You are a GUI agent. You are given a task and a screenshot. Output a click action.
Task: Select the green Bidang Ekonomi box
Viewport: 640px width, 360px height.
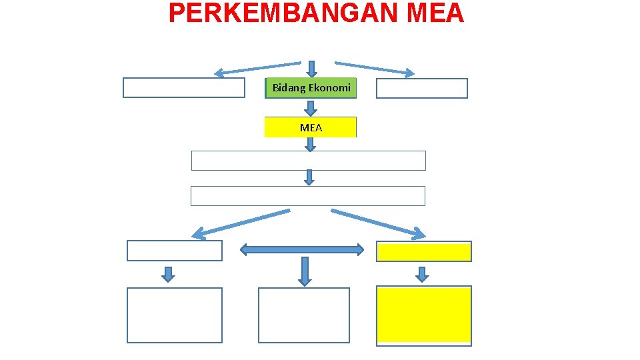[x=311, y=88]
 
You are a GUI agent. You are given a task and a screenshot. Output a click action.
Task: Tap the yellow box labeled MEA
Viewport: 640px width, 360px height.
[x=311, y=127]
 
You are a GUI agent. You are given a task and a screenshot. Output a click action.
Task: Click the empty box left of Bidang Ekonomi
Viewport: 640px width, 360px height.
[x=184, y=88]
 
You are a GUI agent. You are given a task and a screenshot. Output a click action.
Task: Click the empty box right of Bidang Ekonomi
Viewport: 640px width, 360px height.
[x=421, y=88]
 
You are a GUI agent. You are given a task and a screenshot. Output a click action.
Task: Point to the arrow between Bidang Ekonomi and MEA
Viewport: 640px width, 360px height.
[x=311, y=108]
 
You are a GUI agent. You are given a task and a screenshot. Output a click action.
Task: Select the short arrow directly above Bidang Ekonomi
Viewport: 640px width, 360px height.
[x=311, y=69]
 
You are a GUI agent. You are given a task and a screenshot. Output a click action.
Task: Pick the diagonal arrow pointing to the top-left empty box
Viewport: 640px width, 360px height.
[x=257, y=68]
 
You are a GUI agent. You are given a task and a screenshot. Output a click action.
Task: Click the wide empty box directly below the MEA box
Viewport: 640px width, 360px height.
[x=308, y=161]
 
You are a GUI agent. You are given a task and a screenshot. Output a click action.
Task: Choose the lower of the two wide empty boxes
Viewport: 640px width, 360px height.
[x=308, y=196]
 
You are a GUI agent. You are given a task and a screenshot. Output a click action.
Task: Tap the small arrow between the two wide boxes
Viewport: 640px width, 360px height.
[x=309, y=177]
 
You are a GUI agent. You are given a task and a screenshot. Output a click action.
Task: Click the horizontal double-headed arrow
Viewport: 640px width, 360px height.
[x=302, y=250]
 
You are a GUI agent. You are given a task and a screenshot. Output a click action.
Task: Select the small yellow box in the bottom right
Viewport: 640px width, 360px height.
[x=424, y=251]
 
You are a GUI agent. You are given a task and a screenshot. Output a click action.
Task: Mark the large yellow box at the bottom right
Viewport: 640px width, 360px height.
[x=424, y=315]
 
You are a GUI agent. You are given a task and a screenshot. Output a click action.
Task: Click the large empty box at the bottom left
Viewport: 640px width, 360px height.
[x=175, y=315]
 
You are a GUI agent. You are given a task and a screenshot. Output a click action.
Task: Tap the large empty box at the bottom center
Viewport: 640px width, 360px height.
[x=304, y=315]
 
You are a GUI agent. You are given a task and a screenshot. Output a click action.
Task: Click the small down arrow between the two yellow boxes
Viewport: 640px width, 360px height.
[x=422, y=273]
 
